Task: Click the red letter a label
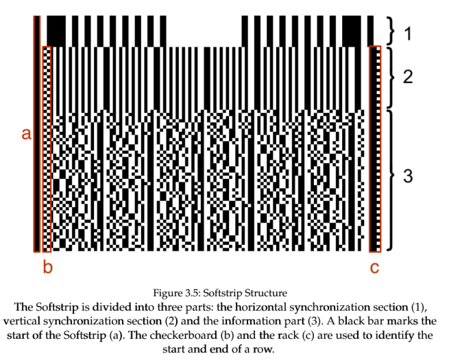26,134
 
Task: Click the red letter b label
47,267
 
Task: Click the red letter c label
374,267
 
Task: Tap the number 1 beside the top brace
408,32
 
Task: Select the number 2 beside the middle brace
408,77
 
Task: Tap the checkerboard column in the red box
47,147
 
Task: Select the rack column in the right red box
374,147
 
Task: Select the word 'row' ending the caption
274,349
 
